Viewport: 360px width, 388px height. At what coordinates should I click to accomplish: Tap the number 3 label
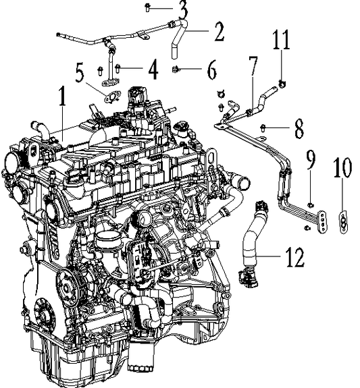182,9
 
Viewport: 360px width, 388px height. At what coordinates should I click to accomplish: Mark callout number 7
253,67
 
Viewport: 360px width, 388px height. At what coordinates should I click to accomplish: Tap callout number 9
310,160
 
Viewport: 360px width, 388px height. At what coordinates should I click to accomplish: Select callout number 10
342,168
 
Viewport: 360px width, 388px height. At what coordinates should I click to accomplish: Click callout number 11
282,40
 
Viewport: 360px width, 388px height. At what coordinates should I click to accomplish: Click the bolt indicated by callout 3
148,7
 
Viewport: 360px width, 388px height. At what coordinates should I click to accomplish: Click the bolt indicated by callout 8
265,126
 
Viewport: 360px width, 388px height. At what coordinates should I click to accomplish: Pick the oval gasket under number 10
343,220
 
